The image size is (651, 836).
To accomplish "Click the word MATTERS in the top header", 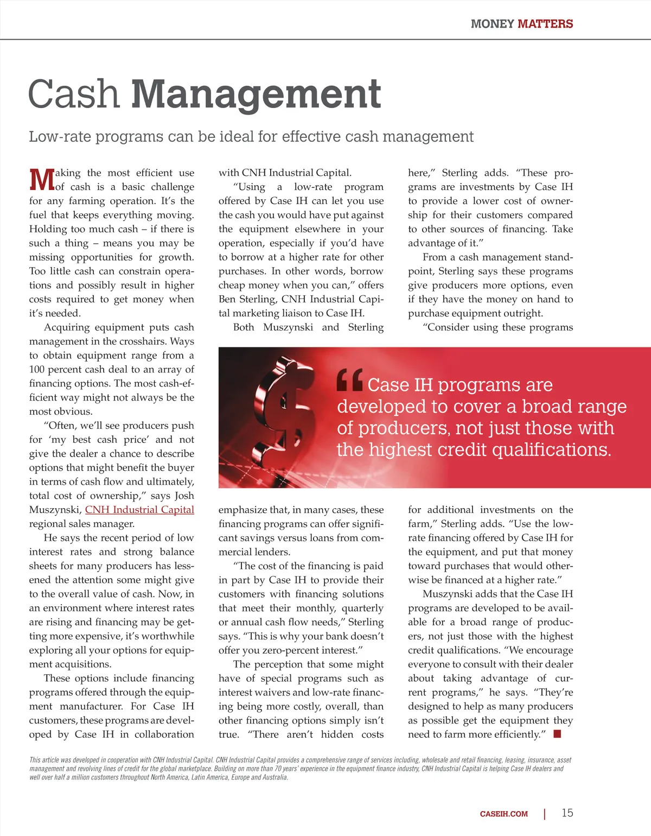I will (x=545, y=24).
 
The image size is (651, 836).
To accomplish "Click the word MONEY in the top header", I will (x=492, y=24).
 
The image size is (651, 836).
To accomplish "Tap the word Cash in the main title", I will (x=73, y=94).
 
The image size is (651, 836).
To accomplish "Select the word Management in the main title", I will (x=256, y=94).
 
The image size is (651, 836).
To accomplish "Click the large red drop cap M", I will (x=41, y=180).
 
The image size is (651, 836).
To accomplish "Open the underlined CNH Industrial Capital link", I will (x=139, y=510).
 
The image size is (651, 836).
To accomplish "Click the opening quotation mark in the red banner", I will (x=349, y=380).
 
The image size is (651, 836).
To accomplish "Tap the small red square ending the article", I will (x=557, y=734).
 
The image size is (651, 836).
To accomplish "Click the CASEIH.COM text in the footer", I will (x=503, y=814).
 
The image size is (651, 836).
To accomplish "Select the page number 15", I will (x=567, y=813).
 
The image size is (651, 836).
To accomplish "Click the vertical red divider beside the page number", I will (x=544, y=814).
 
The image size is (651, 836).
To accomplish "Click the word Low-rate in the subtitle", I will (x=60, y=136).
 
